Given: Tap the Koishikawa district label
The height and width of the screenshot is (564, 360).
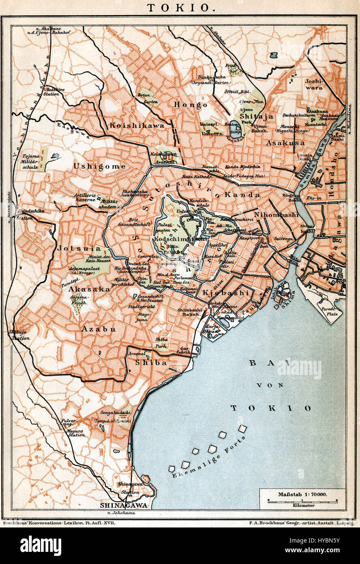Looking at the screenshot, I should pyautogui.click(x=137, y=126).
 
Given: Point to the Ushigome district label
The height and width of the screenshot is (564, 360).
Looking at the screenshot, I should pyautogui.click(x=99, y=166).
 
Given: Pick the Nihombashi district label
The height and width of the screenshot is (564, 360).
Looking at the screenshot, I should pyautogui.click(x=276, y=215).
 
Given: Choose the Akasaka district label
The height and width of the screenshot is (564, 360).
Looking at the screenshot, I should pyautogui.click(x=89, y=289).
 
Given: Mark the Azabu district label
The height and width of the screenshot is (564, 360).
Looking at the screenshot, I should pyautogui.click(x=99, y=329).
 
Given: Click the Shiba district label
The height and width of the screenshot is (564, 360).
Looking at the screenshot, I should pyautogui.click(x=151, y=363).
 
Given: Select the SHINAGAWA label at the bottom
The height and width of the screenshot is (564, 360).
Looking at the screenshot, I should pyautogui.click(x=124, y=506).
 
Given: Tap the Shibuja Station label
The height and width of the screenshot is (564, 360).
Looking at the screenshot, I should pyautogui.click(x=19, y=335).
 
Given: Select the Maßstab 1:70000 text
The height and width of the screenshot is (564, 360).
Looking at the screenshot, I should pyautogui.click(x=302, y=494).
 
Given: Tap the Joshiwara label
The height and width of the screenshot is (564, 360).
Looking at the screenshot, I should pyautogui.click(x=314, y=84).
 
